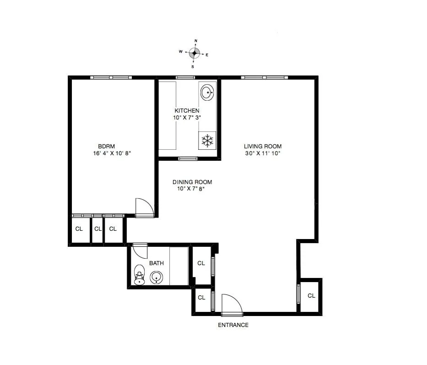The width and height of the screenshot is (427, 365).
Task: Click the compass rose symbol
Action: coord(195,53)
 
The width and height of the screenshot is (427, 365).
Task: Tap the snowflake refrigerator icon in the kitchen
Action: coord(208,141)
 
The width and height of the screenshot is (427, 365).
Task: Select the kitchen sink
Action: coord(207,93)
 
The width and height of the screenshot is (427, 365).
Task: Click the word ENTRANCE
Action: coord(233,325)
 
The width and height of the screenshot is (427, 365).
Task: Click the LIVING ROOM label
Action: coord(262,146)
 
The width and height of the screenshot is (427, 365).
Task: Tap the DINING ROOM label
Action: coord(192,182)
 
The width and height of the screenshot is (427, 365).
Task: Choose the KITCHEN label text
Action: coord(187,110)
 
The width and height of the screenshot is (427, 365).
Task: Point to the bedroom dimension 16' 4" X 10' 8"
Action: coord(112,153)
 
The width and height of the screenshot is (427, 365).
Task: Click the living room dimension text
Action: coord(262,153)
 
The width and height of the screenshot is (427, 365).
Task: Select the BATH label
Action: coord(157,263)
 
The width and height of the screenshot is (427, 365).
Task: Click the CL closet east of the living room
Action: coord(311,295)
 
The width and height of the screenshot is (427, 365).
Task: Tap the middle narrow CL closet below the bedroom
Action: coord(97,229)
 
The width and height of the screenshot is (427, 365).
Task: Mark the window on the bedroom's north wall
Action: coord(111,77)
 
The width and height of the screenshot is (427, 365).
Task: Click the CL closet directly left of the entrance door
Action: coord(201,298)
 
